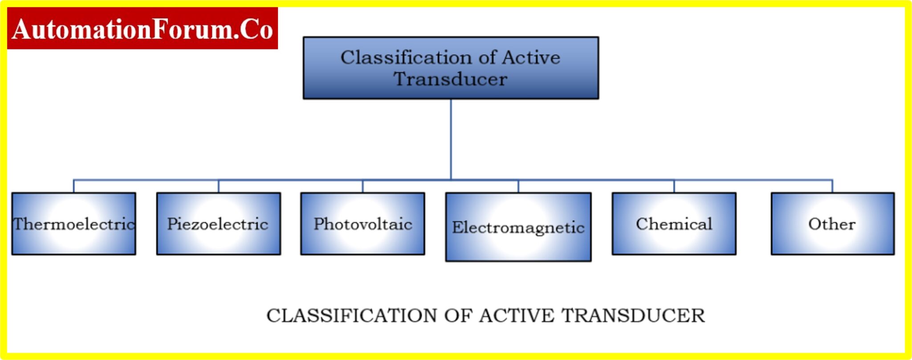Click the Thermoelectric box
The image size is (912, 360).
pyautogui.click(x=74, y=224)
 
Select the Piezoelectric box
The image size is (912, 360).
pyautogui.click(x=219, y=224)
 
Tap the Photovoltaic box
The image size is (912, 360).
pyautogui.click(x=362, y=224)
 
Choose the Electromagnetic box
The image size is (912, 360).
pyautogui.click(x=518, y=227)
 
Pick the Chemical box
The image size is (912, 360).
pyautogui.click(x=674, y=224)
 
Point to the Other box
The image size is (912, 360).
pyautogui.click(x=832, y=224)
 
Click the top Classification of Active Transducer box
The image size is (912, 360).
pyautogui.click(x=451, y=68)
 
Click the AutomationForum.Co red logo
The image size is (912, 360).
pyautogui.click(x=142, y=28)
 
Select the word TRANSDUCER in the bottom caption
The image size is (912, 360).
pyautogui.click(x=633, y=315)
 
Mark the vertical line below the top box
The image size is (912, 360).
pyautogui.click(x=451, y=139)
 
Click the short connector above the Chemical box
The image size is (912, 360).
pyautogui.click(x=674, y=186)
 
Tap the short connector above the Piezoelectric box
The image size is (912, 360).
pyautogui.click(x=219, y=186)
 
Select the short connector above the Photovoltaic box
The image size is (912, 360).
pyautogui.click(x=362, y=186)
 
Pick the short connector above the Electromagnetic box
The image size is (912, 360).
pyautogui.click(x=518, y=186)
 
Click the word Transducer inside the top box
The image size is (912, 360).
pyautogui.click(x=450, y=79)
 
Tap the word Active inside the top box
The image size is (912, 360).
pyautogui.click(x=531, y=57)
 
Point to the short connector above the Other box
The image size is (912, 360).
pyautogui.click(x=832, y=186)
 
